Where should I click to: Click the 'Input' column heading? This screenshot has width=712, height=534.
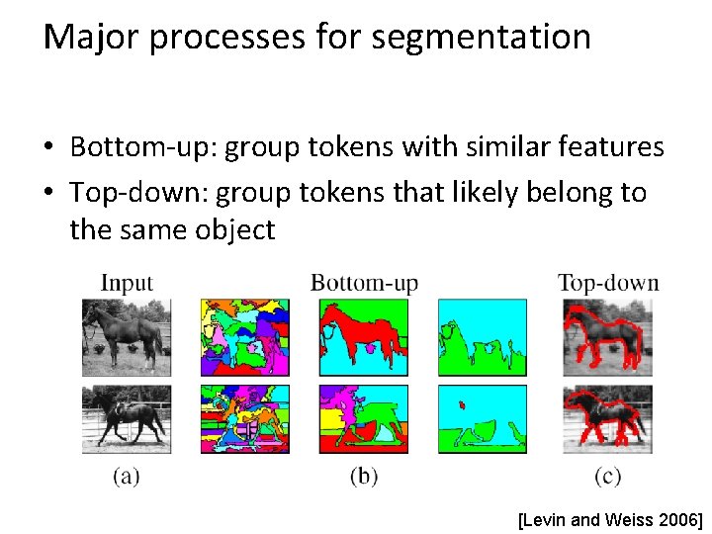pyautogui.click(x=127, y=283)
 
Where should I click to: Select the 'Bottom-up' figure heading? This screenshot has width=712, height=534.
pyautogui.click(x=364, y=283)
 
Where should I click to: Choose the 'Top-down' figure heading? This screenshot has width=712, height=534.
pyautogui.click(x=607, y=283)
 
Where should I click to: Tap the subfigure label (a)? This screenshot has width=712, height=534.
pyautogui.click(x=126, y=477)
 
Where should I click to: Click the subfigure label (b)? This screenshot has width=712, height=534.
pyautogui.click(x=364, y=477)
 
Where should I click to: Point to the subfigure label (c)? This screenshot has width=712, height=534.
pyautogui.click(x=607, y=477)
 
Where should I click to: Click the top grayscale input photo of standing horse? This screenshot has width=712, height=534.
pyautogui.click(x=127, y=337)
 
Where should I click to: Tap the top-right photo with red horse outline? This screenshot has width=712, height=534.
pyautogui.click(x=607, y=337)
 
